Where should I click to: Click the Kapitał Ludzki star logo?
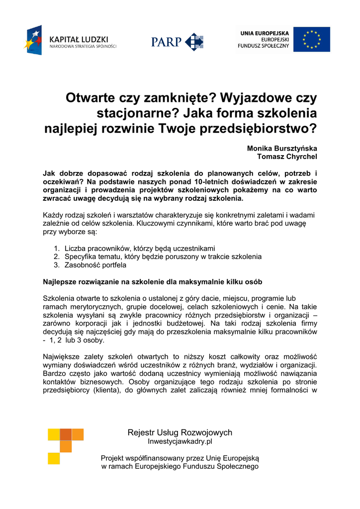coord(33,40)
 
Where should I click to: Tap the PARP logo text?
coord(167,42)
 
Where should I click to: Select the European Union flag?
coord(312,40)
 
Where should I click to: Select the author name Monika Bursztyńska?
coord(282,148)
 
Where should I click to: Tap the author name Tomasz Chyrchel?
coord(287,156)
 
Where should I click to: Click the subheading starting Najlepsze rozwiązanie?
coord(153,281)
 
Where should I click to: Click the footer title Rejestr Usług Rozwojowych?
coord(180,432)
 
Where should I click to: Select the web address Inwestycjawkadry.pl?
coord(180,441)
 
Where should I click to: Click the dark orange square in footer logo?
coord(65,434)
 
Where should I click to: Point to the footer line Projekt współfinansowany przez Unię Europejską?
coord(180,458)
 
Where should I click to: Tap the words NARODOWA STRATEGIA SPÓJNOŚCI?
coord(83,47)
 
